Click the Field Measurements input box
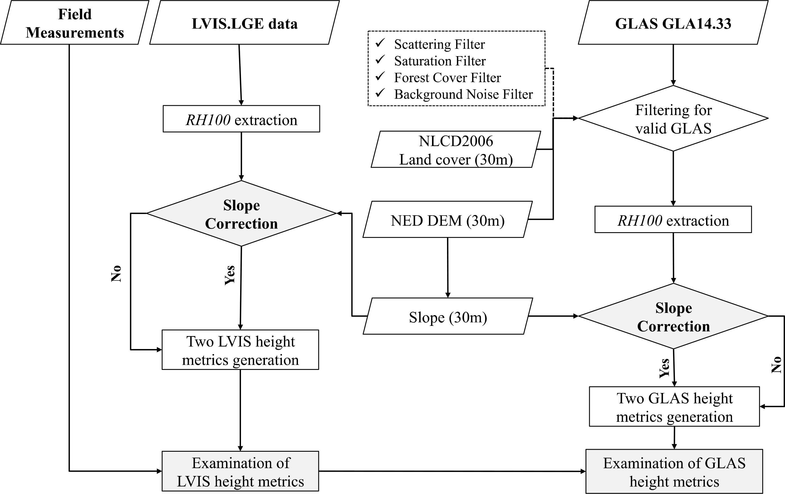pyautogui.click(x=75, y=23)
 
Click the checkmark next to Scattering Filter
pyautogui.click(x=380, y=43)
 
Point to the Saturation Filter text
pyautogui.click(x=440, y=61)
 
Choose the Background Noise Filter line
pyautogui.click(x=463, y=94)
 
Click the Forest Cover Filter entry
pyautogui.click(x=447, y=78)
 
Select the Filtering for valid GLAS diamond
pyautogui.click(x=673, y=118)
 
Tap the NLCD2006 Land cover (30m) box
pyautogui.click(x=456, y=150)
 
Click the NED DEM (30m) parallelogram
pyautogui.click(x=447, y=220)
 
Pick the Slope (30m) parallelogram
pyautogui.click(x=448, y=317)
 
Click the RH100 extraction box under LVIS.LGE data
pyautogui.click(x=241, y=119)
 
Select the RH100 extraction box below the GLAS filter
pyautogui.click(x=673, y=220)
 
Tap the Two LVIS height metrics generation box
pyautogui.click(x=240, y=350)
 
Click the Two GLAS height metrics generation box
pyautogui.click(x=674, y=407)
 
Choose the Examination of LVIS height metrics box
pyautogui.click(x=240, y=471)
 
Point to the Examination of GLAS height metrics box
pyautogui.click(x=674, y=472)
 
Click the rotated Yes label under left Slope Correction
pyautogui.click(x=230, y=275)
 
